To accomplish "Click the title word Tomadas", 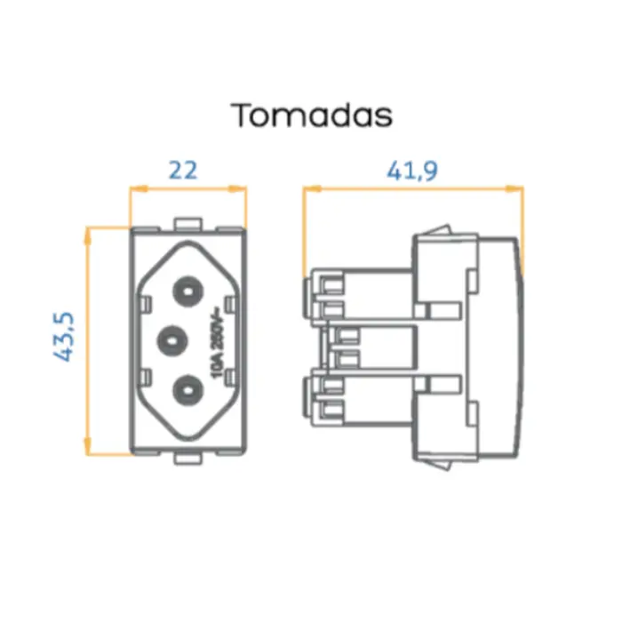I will point(311,116).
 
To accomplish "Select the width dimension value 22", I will point(183,170).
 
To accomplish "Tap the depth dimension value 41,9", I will point(412,170).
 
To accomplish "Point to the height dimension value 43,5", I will point(64,337).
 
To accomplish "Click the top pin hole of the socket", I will point(188,289).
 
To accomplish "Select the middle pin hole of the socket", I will point(170,338).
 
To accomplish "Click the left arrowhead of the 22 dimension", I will point(136,188).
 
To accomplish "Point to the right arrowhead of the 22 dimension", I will point(241,188).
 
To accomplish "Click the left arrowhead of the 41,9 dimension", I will point(309,188).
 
